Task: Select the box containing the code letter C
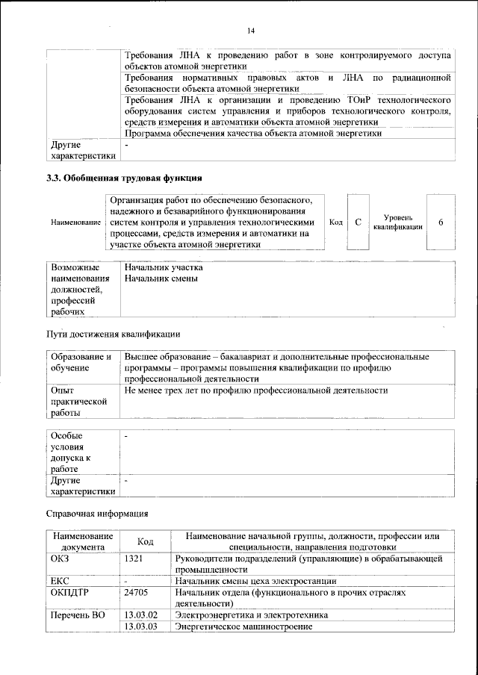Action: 358,223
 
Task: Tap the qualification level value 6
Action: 441,223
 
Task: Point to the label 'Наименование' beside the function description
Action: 75,223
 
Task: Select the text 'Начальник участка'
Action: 164,267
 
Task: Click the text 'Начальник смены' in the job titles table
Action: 161,279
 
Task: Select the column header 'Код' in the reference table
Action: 146,542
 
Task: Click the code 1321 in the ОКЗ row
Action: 134,558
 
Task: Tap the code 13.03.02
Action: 140,615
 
